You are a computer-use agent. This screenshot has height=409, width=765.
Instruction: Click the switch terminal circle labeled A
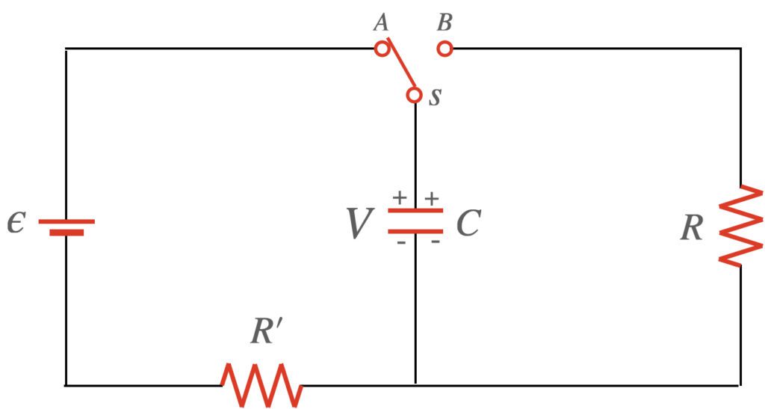point(381,49)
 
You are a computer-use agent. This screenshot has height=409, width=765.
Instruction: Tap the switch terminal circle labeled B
point(445,49)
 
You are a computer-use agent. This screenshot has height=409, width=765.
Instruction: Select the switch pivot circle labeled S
point(415,96)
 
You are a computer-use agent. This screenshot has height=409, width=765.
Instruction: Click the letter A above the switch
point(381,23)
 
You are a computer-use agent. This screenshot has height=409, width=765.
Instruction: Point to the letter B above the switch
point(445,22)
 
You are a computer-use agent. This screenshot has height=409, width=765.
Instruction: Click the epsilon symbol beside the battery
point(16,222)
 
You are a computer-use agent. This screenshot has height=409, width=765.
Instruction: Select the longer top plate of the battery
point(66,221)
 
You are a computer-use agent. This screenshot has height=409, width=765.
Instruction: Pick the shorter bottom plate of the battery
point(66,232)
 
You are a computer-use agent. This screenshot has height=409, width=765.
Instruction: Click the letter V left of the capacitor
point(360,224)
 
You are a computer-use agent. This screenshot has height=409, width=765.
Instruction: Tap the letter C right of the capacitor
point(468,223)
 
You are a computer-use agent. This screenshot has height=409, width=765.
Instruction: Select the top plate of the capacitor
point(415,212)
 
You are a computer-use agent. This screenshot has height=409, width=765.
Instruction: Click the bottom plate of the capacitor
point(415,230)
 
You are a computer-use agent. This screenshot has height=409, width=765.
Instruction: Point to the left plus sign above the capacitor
point(400,198)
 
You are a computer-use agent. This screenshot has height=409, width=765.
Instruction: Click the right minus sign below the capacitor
point(433,242)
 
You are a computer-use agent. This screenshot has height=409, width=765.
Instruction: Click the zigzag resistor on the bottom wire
point(262,384)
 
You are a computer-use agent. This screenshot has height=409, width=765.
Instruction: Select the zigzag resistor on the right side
point(740,225)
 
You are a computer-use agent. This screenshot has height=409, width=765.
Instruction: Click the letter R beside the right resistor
point(692,228)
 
